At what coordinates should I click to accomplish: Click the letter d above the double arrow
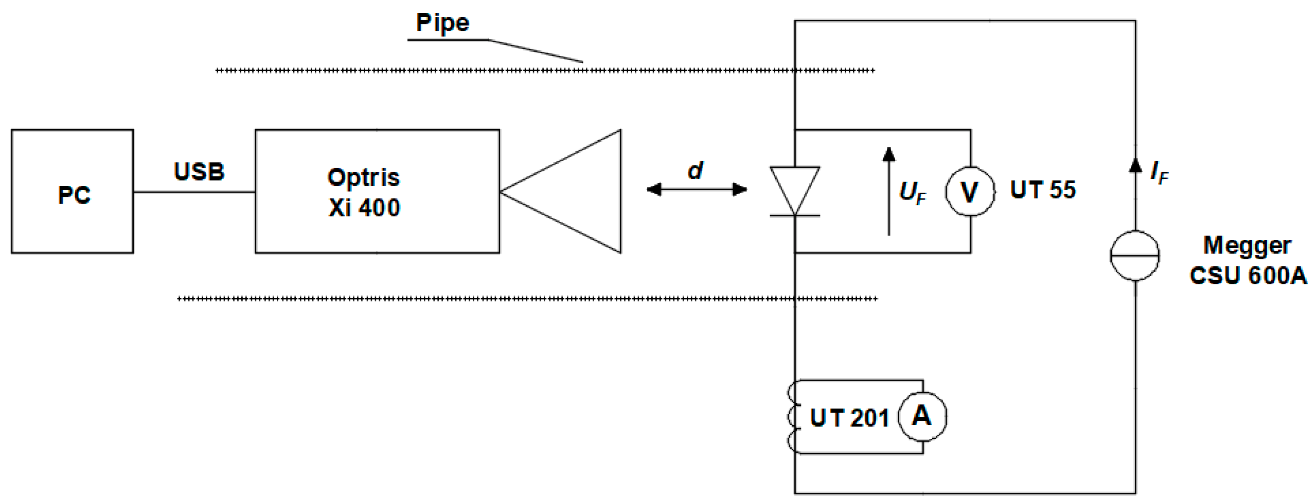click(x=695, y=170)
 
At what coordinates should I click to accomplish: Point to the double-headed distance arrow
click(x=697, y=190)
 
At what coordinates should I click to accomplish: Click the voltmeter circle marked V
click(x=970, y=192)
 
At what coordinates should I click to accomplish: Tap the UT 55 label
click(x=1042, y=190)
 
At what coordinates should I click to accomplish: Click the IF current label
click(x=1159, y=173)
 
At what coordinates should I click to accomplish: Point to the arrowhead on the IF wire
click(x=1135, y=165)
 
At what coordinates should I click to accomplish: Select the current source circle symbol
click(x=1135, y=255)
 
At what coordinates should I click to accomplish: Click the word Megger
click(x=1247, y=246)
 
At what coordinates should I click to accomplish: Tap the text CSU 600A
click(x=1248, y=276)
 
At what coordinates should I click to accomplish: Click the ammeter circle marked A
click(x=922, y=416)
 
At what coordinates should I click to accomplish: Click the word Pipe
click(x=442, y=23)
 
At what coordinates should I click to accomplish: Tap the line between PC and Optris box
click(x=194, y=192)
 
